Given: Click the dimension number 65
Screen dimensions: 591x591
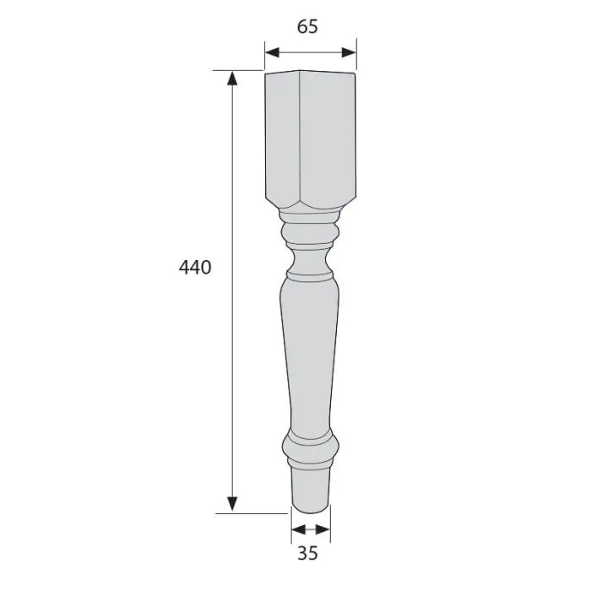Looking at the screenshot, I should point(307,26).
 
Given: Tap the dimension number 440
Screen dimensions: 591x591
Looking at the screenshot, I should point(195,268).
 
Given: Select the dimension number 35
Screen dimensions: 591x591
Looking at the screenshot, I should point(308,555).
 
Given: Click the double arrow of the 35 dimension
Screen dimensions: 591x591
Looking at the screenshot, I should point(311,530).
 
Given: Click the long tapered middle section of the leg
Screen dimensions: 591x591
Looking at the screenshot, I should point(311,355).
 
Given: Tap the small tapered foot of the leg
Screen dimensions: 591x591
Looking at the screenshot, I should point(311,488).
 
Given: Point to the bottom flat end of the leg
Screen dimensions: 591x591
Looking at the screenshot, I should point(311,511).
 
